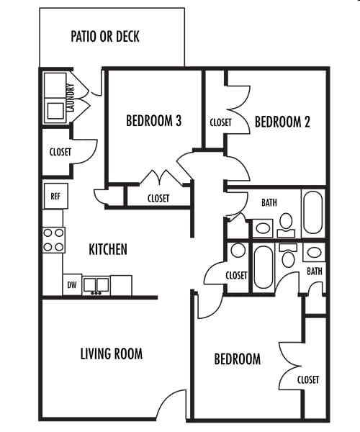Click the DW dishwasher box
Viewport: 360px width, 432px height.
pyautogui.click(x=72, y=285)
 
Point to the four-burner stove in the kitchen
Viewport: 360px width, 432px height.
pyautogui.click(x=54, y=240)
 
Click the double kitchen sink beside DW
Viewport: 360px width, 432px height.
pyautogui.click(x=95, y=285)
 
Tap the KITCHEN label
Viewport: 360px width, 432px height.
pyautogui.click(x=108, y=250)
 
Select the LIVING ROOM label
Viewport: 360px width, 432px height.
pyautogui.click(x=111, y=354)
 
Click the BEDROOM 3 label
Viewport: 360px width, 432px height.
pyautogui.click(x=153, y=121)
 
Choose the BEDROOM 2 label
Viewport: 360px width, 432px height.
pyautogui.click(x=282, y=122)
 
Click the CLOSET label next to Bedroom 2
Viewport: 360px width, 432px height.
pyautogui.click(x=220, y=122)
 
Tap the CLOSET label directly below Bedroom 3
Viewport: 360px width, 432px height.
pyautogui.click(x=158, y=199)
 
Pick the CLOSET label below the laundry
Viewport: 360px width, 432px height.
pyautogui.click(x=60, y=152)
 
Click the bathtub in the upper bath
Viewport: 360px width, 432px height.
pyautogui.click(x=312, y=212)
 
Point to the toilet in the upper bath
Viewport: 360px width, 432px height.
pyautogui.click(x=286, y=223)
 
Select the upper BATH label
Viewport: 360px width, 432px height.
pyautogui.click(x=269, y=203)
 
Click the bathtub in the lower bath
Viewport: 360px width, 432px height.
pyautogui.click(x=263, y=268)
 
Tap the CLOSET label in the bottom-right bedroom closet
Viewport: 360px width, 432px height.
pyautogui.click(x=308, y=379)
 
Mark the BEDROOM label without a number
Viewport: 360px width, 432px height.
pyautogui.click(x=238, y=359)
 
